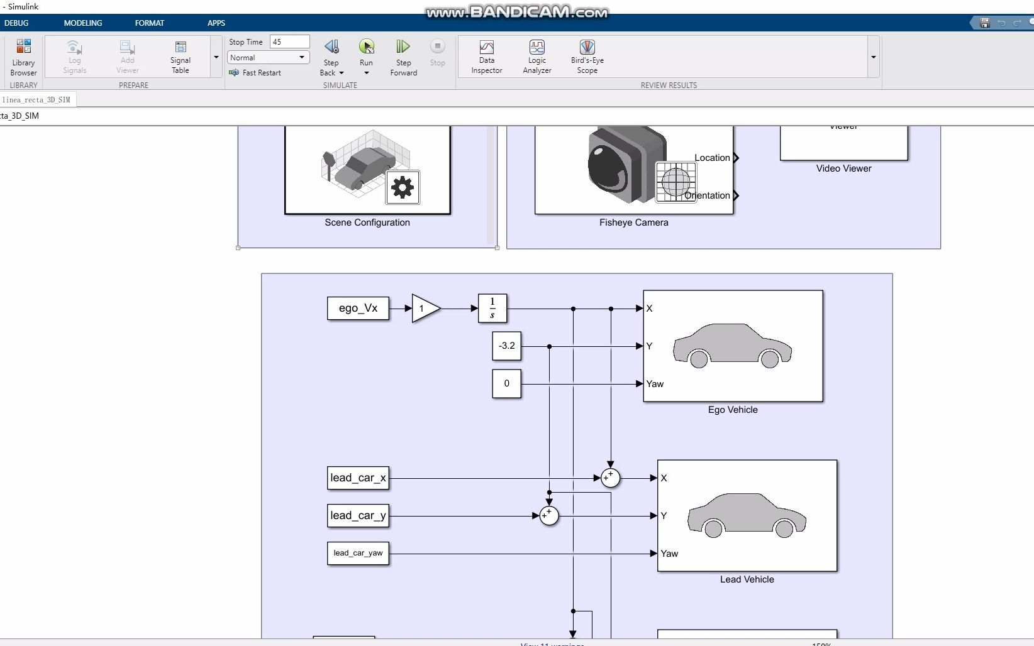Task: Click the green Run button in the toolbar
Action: (366, 47)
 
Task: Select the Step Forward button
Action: (403, 47)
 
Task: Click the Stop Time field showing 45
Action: (289, 41)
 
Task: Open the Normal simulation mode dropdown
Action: (269, 57)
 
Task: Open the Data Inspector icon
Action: (486, 48)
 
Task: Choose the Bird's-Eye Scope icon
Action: (587, 48)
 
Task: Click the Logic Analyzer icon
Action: (536, 48)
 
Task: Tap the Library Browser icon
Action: (23, 47)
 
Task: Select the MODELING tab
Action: (82, 23)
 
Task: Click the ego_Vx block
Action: (358, 309)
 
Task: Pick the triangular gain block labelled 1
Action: (425, 309)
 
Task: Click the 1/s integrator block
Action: (492, 309)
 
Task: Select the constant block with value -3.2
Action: (506, 346)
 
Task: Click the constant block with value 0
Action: (506, 383)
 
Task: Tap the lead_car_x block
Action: (358, 478)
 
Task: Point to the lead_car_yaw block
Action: (358, 554)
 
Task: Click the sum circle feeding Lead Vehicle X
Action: (610, 478)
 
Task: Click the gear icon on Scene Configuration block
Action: (403, 187)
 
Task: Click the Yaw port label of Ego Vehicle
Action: (655, 384)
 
